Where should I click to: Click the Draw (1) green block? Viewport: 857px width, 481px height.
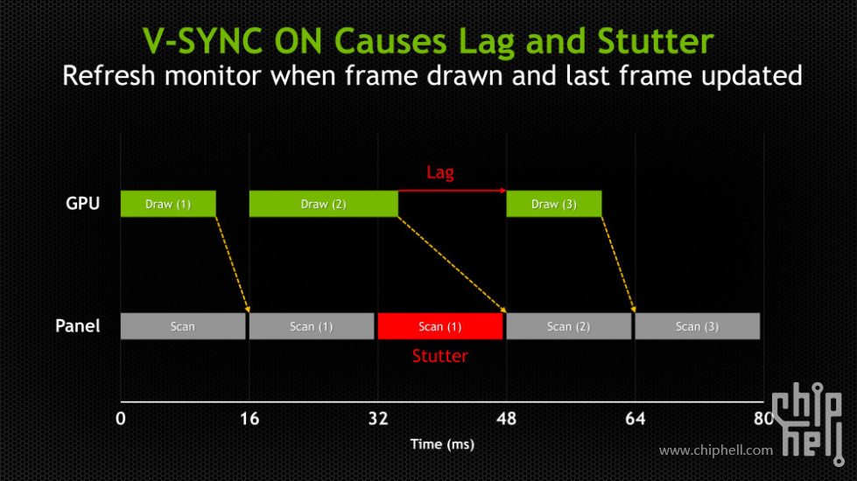pos(168,204)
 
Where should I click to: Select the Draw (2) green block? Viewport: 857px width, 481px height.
pos(324,204)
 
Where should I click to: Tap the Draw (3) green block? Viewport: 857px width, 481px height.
pos(553,204)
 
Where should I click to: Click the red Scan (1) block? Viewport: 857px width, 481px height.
pos(440,326)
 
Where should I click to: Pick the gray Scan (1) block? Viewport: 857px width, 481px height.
pos(312,326)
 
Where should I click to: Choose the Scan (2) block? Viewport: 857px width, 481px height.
pos(569,326)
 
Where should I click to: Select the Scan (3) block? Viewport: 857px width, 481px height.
pos(698,326)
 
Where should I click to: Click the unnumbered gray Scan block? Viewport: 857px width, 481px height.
pos(183,326)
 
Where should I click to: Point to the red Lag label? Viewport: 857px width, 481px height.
pos(440,172)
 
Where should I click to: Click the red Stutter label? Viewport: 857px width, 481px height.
pos(440,356)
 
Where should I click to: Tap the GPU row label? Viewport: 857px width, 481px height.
pos(82,204)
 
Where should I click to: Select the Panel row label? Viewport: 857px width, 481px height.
pos(78,326)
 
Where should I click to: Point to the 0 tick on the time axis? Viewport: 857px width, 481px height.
pos(121,419)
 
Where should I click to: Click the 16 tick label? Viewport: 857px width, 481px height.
pos(249,419)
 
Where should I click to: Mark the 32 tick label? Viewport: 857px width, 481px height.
pos(378,419)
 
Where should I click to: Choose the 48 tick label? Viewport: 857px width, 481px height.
pos(507,419)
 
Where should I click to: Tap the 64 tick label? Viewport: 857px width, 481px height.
pos(636,419)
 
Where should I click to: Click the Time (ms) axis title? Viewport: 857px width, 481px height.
pos(442,444)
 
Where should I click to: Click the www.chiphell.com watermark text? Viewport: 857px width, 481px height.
pos(716,450)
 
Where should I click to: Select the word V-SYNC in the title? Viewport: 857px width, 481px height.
pos(205,41)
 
